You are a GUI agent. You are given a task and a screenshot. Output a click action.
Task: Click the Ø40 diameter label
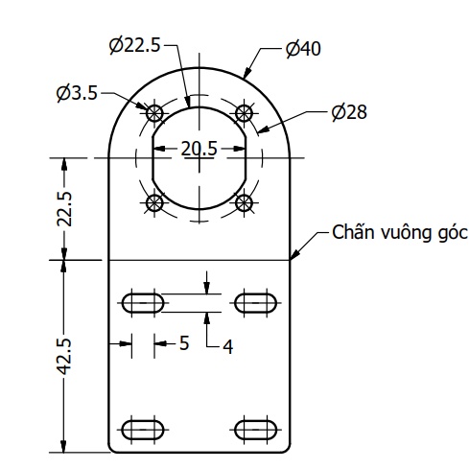pyautogui.click(x=303, y=49)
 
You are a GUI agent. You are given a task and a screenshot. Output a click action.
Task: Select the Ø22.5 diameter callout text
pyautogui.click(x=134, y=44)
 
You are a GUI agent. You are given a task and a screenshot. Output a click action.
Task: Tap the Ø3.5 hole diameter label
pyautogui.click(x=78, y=93)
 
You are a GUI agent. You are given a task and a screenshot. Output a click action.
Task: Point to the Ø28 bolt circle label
pyautogui.click(x=349, y=112)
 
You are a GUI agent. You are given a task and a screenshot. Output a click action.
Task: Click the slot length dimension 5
pyautogui.click(x=184, y=342)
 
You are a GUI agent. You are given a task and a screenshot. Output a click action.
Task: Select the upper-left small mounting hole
pyautogui.click(x=153, y=111)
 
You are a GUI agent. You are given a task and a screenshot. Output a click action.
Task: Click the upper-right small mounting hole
pyautogui.click(x=245, y=111)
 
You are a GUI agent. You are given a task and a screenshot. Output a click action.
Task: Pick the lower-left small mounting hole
pyautogui.click(x=153, y=202)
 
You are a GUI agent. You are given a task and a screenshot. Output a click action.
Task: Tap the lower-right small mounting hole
pyautogui.click(x=245, y=202)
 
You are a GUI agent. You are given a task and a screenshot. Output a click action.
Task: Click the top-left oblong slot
pyautogui.click(x=143, y=303)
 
